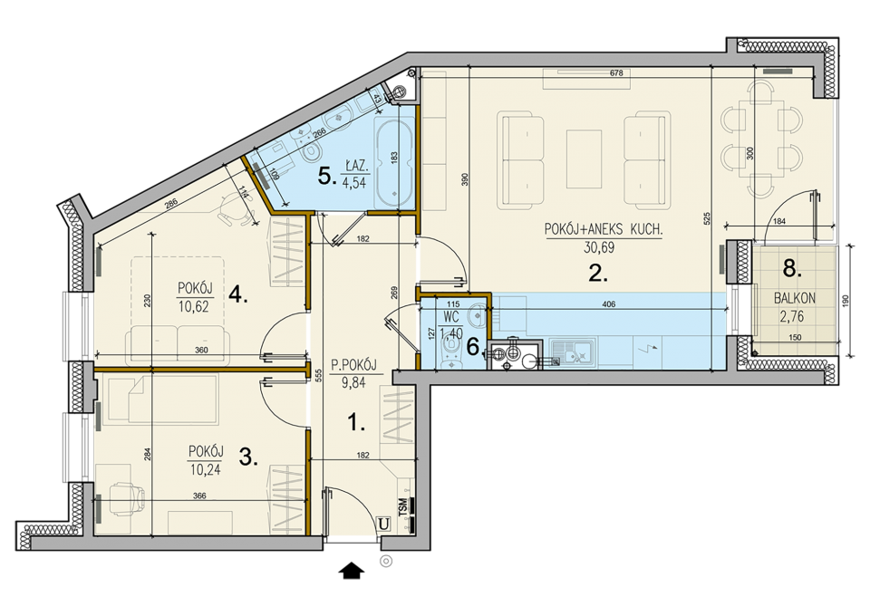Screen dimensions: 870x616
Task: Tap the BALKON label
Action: click(795, 298)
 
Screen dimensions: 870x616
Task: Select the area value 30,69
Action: click(599, 247)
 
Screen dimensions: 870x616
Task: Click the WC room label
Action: click(450, 318)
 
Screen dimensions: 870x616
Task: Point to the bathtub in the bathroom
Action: click(394, 160)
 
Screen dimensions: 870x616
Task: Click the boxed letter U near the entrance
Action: click(382, 524)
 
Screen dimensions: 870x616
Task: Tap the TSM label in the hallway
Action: click(402, 505)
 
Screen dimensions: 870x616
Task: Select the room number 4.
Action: click(237, 295)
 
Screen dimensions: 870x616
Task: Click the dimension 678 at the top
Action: click(616, 73)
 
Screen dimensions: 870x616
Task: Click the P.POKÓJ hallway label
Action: click(353, 365)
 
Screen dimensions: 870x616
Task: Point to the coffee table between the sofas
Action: click(583, 160)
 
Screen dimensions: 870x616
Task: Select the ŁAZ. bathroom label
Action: click(355, 166)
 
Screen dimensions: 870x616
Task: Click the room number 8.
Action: click(792, 269)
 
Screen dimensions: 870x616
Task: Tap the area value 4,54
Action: click(355, 181)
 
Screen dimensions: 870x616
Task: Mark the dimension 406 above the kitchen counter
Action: click(609, 304)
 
